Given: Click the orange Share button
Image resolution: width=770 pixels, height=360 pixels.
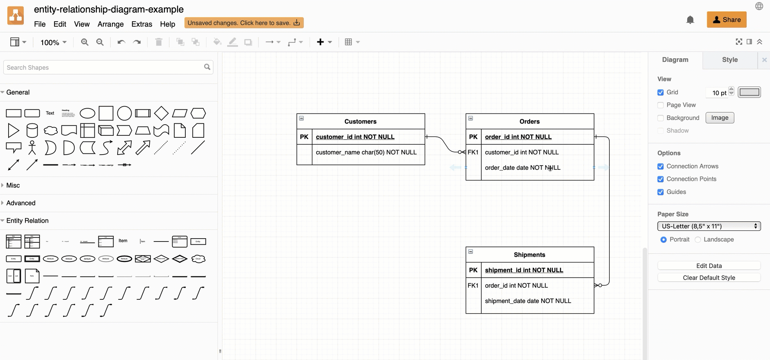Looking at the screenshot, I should click(726, 20).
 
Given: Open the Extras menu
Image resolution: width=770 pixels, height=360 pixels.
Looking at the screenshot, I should click(141, 24).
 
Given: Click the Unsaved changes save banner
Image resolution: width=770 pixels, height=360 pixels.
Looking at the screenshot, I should click(244, 23).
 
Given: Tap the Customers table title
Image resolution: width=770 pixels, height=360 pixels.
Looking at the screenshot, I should click(360, 121).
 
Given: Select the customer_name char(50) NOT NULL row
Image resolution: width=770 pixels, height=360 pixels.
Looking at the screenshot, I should click(366, 152).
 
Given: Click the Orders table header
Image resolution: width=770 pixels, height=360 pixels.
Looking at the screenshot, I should click(529, 121).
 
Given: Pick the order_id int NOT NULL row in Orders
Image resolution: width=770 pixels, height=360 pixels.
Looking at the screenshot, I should click(518, 137).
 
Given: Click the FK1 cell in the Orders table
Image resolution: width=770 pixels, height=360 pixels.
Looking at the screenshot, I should click(473, 152).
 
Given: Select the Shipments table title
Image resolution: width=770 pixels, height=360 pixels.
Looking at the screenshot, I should click(529, 255).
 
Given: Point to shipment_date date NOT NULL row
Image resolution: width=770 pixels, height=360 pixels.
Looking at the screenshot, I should click(528, 301).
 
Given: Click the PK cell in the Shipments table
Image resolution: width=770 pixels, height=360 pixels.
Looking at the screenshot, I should click(473, 270).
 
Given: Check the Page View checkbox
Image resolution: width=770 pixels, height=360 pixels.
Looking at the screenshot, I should click(661, 105).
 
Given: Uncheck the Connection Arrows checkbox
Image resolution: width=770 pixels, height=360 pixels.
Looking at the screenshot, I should click(661, 166).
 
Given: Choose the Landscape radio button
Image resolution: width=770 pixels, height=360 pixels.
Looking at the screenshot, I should click(698, 239).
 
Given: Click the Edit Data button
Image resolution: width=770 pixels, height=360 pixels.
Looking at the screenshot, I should click(708, 266).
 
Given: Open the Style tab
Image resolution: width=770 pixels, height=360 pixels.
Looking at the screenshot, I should click(729, 60).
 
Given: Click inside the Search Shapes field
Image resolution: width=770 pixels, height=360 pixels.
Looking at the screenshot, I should click(105, 67).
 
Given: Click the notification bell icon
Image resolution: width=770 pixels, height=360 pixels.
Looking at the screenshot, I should click(690, 20).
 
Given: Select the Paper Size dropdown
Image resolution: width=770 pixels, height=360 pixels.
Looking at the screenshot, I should click(708, 226).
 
